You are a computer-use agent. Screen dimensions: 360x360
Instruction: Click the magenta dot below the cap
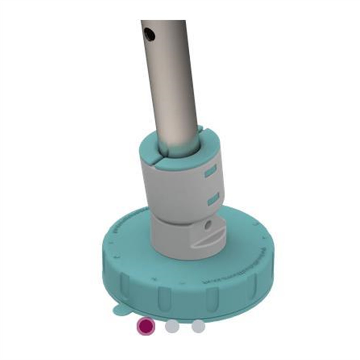(x=145, y=326)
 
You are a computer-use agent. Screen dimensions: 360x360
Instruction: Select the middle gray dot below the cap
(x=172, y=326)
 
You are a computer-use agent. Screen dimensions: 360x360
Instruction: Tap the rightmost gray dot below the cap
(x=198, y=326)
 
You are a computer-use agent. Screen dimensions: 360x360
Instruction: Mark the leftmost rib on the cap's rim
(x=125, y=282)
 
